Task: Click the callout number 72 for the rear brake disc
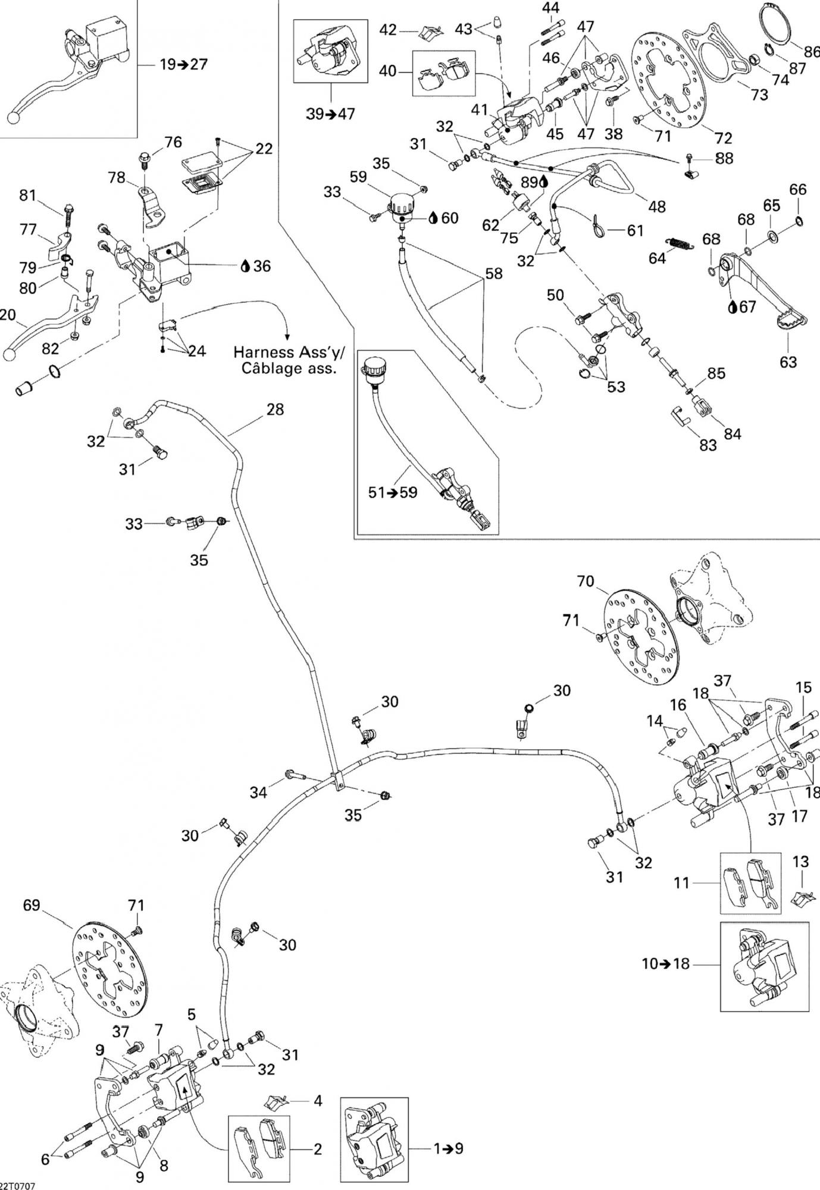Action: [x=722, y=138]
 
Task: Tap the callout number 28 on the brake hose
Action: [x=275, y=409]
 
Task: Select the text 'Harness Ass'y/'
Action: [x=289, y=353]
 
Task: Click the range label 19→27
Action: [x=183, y=64]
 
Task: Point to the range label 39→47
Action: [x=330, y=114]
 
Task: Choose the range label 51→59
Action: [x=393, y=493]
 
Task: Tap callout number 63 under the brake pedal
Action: [x=788, y=362]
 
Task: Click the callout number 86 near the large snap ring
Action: [x=812, y=52]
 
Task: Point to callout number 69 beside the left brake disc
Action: [x=31, y=905]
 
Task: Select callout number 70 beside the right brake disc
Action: [x=586, y=581]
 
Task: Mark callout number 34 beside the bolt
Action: [x=258, y=792]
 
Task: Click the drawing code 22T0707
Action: [x=18, y=1185]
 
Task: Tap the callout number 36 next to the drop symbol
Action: [x=262, y=266]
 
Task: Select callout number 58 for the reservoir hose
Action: [x=494, y=274]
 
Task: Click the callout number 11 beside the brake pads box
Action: [x=682, y=883]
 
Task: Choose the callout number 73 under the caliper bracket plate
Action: [x=759, y=94]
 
